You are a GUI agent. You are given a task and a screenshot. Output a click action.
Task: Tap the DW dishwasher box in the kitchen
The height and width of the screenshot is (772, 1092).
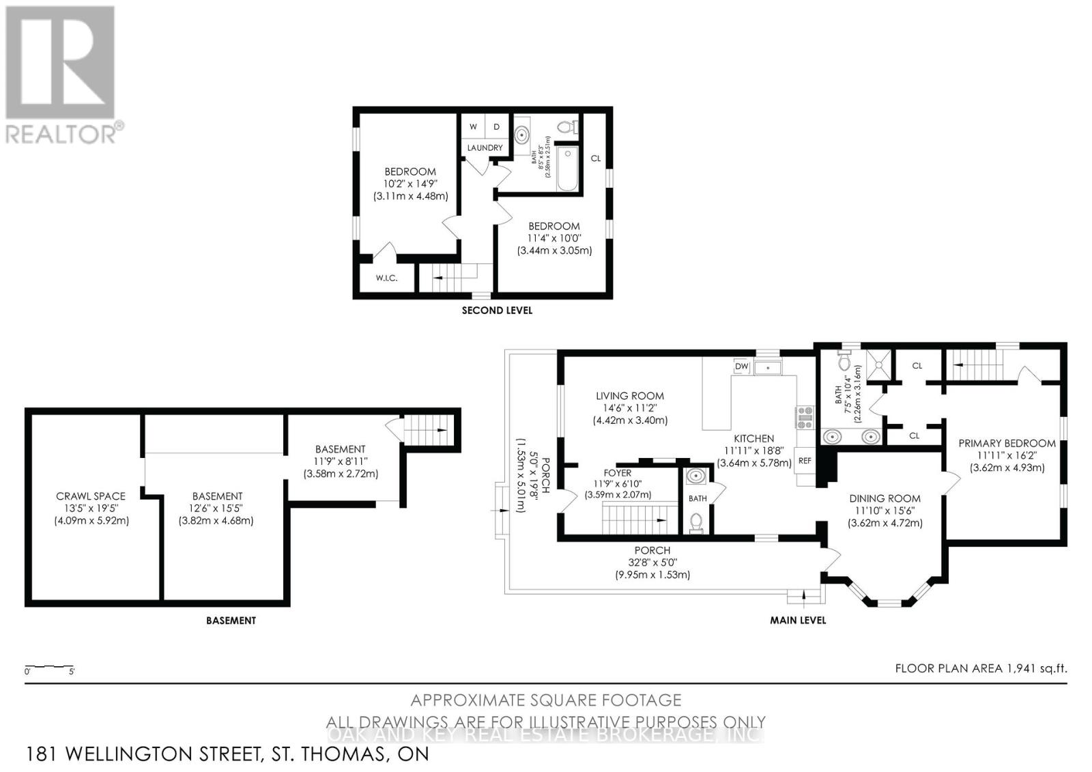click(x=742, y=367)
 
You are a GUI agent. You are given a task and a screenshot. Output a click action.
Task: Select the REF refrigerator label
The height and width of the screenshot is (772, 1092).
click(x=805, y=461)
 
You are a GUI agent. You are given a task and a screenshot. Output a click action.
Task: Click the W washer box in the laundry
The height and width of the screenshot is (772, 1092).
click(x=472, y=127)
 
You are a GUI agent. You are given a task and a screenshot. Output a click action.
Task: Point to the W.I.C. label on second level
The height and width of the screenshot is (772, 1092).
click(x=386, y=278)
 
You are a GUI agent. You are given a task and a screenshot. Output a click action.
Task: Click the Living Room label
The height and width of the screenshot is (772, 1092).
click(x=629, y=395)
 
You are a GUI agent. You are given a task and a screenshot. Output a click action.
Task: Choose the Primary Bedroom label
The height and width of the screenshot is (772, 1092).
click(x=1007, y=443)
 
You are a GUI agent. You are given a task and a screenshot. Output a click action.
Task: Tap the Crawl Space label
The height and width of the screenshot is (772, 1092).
click(x=91, y=496)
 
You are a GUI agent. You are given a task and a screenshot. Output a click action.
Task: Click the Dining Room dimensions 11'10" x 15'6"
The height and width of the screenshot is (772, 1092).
click(x=885, y=511)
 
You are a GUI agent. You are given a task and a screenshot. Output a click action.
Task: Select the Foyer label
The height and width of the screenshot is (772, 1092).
click(x=618, y=472)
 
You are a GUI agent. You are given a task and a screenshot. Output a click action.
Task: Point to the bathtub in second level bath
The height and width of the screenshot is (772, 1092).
click(x=567, y=169)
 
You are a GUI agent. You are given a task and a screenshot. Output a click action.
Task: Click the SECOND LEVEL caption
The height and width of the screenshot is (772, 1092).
click(x=497, y=310)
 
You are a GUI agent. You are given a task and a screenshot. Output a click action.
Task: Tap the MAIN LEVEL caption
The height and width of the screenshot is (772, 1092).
click(x=797, y=620)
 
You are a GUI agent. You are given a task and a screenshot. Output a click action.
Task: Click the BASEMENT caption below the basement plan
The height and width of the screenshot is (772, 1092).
click(x=231, y=620)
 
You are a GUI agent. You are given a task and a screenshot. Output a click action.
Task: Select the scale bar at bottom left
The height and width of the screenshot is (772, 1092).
click(x=49, y=666)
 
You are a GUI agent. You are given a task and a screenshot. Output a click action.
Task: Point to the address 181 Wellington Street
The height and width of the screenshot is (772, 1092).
click(x=227, y=754)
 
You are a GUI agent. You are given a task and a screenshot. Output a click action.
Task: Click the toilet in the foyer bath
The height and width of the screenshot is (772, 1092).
click(x=695, y=522)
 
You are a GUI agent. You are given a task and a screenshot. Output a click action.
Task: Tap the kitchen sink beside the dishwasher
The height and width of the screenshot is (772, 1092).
click(x=769, y=367)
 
